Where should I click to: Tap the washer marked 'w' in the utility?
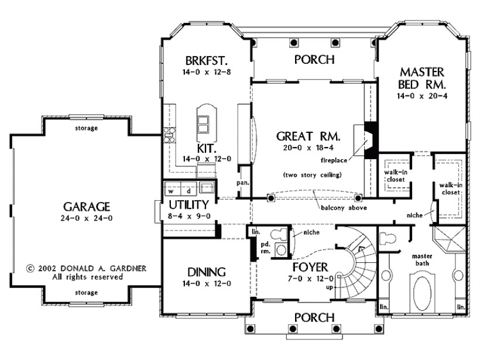click(x=172, y=191)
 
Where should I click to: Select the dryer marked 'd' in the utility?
click(x=188, y=191)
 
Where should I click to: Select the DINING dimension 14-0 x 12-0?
click(x=207, y=284)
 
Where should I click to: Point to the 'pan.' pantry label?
click(x=244, y=182)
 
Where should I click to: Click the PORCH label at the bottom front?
click(x=314, y=317)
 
